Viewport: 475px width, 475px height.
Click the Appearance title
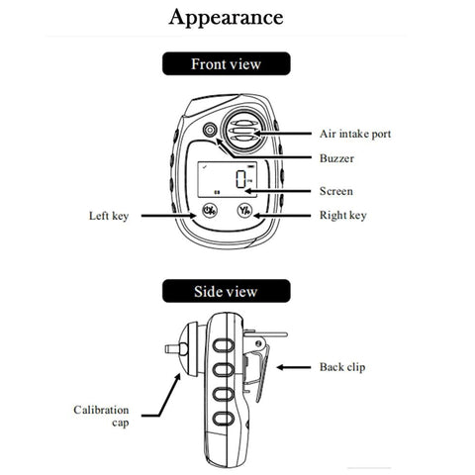point(226,18)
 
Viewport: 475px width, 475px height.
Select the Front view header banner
point(226,64)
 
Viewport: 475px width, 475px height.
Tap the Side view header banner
point(226,292)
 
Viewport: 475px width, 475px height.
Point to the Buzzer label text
point(336,157)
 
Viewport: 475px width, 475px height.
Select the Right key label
point(341,214)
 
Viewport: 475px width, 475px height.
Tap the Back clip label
point(342,367)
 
